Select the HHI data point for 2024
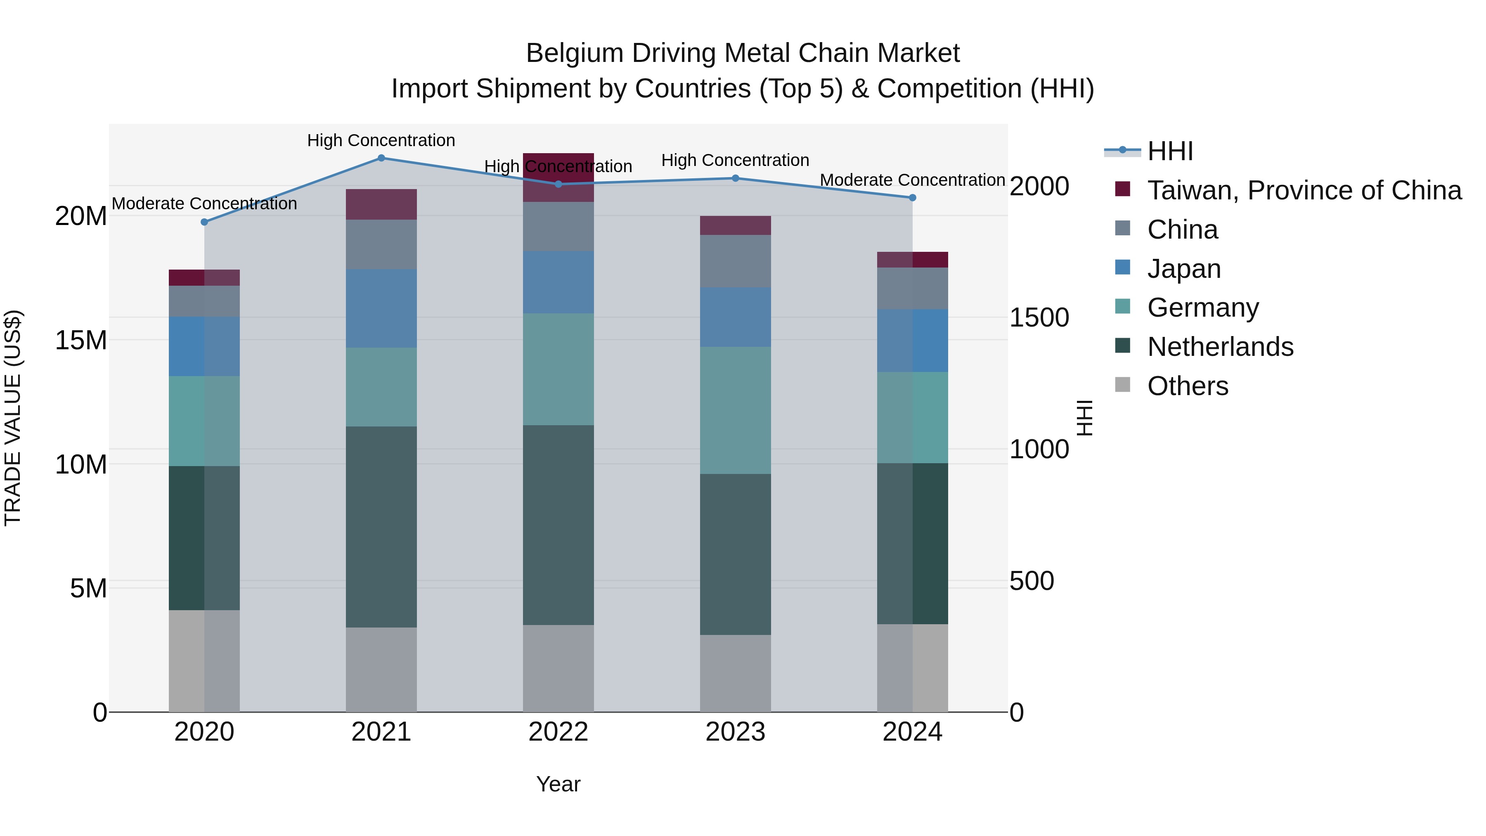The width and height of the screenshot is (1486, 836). pyautogui.click(x=912, y=198)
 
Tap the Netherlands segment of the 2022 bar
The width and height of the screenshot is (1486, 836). pyautogui.click(x=558, y=525)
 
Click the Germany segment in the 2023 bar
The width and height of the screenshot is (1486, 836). pyautogui.click(x=735, y=410)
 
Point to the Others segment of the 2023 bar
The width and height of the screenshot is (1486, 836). pyautogui.click(x=735, y=673)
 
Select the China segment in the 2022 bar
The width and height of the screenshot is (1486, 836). pyautogui.click(x=558, y=226)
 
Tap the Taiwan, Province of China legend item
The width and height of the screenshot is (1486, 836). pyautogui.click(x=1304, y=190)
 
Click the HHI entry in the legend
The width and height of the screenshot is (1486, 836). pyautogui.click(x=1169, y=151)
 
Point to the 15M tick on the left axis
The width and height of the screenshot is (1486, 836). pyautogui.click(x=81, y=341)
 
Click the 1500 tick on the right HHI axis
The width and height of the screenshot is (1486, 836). pyautogui.click(x=1039, y=318)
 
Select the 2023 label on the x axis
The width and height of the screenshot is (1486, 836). pyautogui.click(x=735, y=732)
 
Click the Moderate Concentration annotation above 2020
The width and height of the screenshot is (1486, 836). pyautogui.click(x=204, y=204)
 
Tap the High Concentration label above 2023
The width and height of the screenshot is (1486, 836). pyautogui.click(x=735, y=161)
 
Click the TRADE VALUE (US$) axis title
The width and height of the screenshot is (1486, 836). pyautogui.click(x=13, y=418)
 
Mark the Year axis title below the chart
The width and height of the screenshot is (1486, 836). pyautogui.click(x=558, y=784)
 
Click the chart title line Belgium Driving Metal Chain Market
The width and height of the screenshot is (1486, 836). pyautogui.click(x=743, y=53)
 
